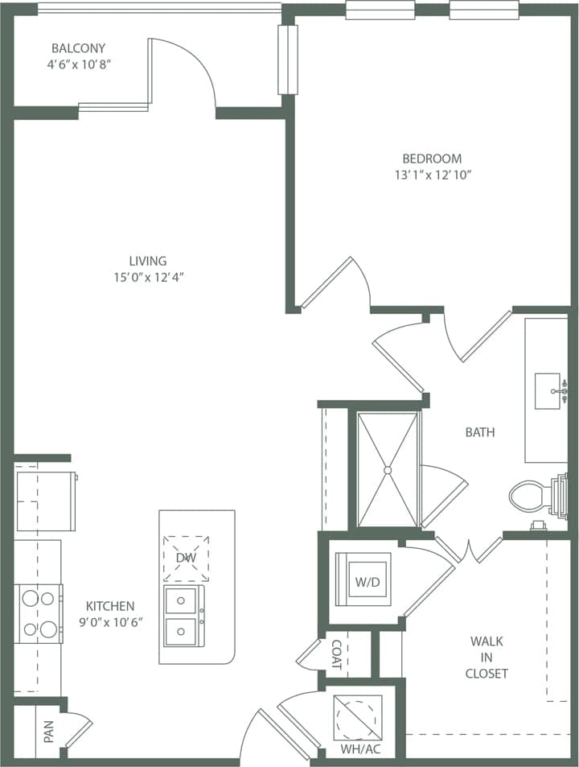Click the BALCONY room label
[78, 47]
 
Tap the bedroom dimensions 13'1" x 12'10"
[432, 174]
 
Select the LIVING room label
[148, 261]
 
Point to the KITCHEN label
[110, 606]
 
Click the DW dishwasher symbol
[186, 558]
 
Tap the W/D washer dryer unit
[363, 579]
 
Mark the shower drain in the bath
[388, 469]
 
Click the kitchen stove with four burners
[39, 613]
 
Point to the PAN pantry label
[48, 732]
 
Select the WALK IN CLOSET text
[487, 657]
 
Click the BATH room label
[479, 432]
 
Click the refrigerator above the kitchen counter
[45, 501]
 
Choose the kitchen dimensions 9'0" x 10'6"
[110, 622]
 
